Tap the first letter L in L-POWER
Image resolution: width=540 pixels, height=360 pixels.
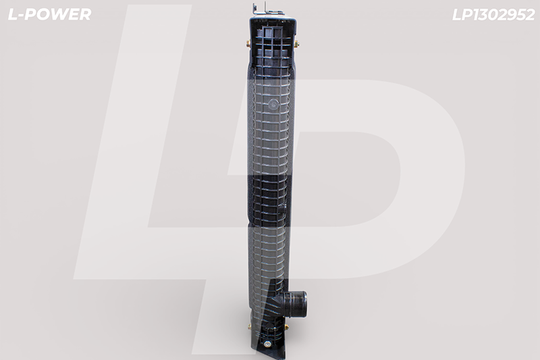(12, 14)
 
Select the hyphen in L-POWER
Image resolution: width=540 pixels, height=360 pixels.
(20, 16)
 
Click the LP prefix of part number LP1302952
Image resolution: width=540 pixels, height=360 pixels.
(462, 15)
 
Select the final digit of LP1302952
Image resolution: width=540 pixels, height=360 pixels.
(529, 15)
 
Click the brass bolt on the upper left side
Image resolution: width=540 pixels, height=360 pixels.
(248, 44)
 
